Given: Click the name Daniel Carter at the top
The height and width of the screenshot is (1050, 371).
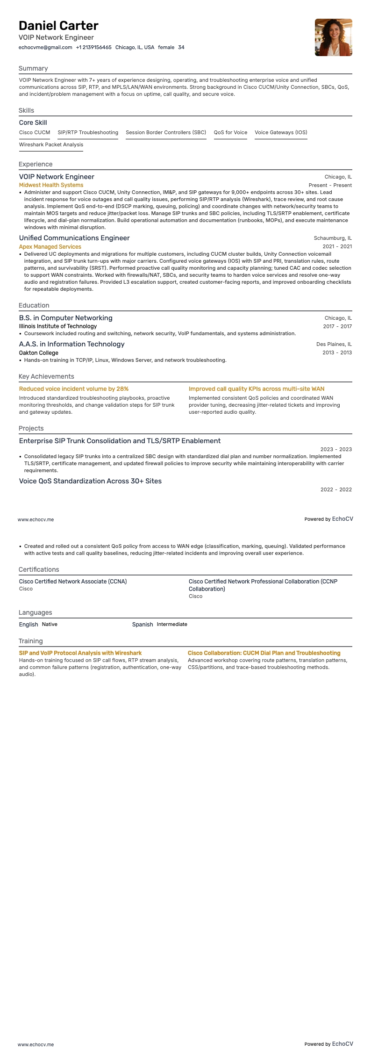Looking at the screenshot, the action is [58, 26].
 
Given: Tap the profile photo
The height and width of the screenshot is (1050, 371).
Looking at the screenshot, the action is [333, 37].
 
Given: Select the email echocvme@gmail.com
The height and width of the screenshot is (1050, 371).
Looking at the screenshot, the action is [45, 47].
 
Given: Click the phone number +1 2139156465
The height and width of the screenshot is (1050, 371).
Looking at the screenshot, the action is [93, 47].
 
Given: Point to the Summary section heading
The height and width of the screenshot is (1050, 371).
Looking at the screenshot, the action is [33, 68].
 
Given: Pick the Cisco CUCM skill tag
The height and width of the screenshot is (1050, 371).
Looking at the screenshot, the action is [35, 132].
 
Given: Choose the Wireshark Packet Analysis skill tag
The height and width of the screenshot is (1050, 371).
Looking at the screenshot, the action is [51, 144].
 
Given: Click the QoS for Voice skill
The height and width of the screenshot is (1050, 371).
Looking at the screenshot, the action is [230, 132].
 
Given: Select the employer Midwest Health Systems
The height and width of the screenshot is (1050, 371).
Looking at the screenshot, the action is [51, 185].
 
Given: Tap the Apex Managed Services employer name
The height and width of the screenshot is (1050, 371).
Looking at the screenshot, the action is [50, 246].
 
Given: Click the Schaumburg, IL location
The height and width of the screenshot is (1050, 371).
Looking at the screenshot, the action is [333, 238].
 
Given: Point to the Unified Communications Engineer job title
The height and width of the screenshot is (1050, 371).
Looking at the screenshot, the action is [74, 238].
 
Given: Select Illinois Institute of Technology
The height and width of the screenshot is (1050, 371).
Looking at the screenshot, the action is [58, 326].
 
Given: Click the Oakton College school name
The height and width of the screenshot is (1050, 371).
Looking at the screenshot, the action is [39, 352].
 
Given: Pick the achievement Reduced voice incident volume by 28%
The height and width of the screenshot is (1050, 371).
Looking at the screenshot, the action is [74, 389].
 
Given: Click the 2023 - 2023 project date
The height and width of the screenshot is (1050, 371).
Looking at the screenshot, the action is [336, 449].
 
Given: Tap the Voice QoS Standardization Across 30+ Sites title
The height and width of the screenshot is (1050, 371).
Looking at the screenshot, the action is [90, 481].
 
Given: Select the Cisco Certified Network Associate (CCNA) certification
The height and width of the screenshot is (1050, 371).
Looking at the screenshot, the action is [73, 582].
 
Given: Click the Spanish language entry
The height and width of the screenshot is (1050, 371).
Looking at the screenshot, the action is [143, 625].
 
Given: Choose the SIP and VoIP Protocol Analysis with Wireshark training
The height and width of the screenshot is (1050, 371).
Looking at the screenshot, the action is [80, 653].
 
